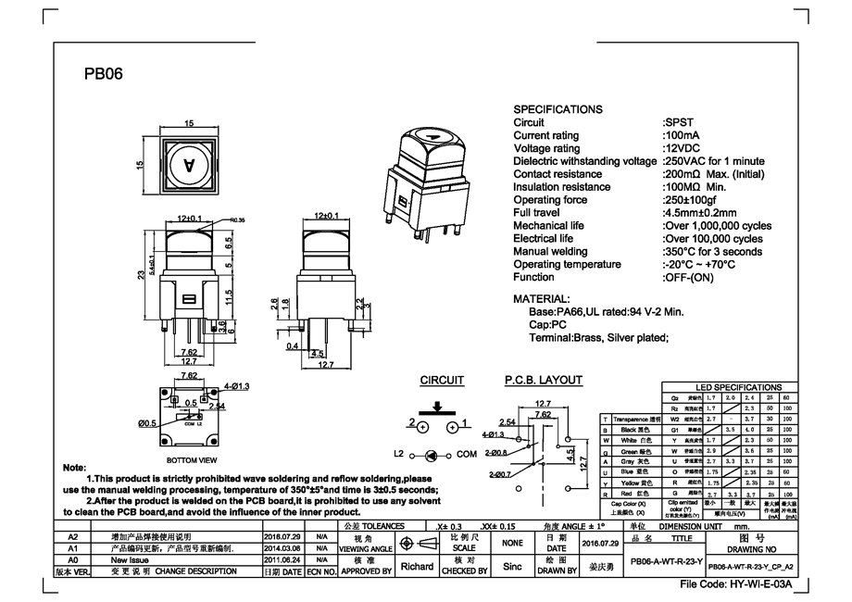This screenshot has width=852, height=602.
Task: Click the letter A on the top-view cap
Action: [189, 166]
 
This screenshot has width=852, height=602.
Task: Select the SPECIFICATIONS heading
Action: [558, 109]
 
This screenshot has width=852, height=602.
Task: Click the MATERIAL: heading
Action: [542, 299]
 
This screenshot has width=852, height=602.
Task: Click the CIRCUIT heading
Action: [442, 380]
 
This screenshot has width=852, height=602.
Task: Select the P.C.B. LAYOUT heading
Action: [543, 380]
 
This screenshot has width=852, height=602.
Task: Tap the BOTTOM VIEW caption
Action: [192, 460]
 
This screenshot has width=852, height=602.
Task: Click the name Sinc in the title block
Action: [511, 566]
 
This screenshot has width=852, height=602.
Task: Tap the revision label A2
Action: [74, 535]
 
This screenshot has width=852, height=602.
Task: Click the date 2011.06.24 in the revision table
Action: [282, 559]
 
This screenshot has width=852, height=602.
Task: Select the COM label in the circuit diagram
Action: [466, 455]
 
